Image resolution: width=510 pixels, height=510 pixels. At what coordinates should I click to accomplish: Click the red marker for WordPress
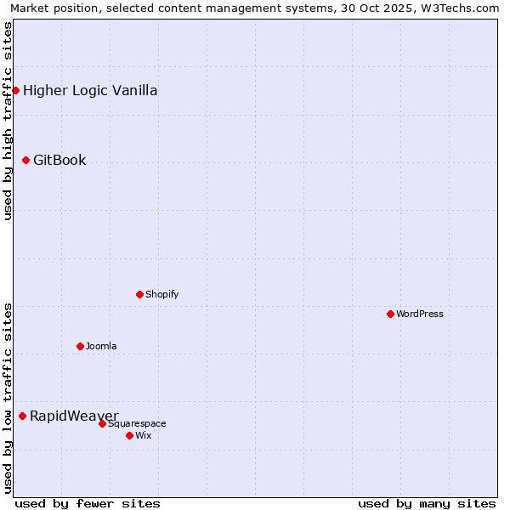(x=390, y=314)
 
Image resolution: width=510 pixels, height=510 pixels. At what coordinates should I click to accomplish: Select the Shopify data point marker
(x=139, y=294)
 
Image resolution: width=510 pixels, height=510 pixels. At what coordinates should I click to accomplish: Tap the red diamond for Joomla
(x=80, y=346)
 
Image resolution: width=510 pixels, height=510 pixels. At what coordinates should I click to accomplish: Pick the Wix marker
(x=129, y=435)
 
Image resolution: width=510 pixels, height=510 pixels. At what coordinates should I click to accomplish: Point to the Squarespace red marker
(x=102, y=423)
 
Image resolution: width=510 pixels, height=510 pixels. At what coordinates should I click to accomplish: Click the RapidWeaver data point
(x=22, y=416)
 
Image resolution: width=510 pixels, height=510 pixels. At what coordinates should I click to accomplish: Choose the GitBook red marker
(x=25, y=160)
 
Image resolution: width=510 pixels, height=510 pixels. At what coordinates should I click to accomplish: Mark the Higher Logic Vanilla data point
(x=15, y=90)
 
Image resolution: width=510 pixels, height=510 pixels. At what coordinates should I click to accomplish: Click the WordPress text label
(x=420, y=314)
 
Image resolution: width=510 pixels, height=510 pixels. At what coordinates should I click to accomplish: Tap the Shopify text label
(x=162, y=294)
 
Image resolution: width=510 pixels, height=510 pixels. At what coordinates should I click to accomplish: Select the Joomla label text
(x=101, y=346)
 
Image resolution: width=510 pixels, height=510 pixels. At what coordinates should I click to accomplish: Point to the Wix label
(x=144, y=435)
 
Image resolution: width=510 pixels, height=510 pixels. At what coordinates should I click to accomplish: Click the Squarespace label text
(x=137, y=423)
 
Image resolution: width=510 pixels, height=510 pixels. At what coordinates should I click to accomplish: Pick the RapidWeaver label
(x=74, y=416)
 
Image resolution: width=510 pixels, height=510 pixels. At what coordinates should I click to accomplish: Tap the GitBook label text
(x=59, y=160)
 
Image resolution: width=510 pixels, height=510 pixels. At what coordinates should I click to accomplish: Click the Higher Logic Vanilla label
(x=90, y=90)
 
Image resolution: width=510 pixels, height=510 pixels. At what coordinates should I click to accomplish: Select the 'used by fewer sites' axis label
(x=88, y=503)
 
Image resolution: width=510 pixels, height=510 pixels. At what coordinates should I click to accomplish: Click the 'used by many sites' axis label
(x=427, y=503)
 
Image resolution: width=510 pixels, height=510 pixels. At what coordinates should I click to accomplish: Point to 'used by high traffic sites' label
(x=8, y=121)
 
